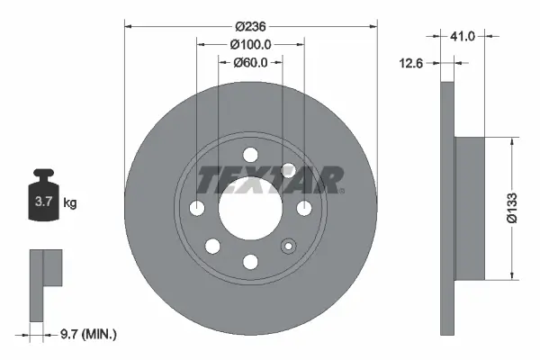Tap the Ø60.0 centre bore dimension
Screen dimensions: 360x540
click(x=250, y=63)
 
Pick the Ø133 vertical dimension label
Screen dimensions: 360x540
click(x=510, y=207)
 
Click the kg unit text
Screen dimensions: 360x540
click(x=70, y=203)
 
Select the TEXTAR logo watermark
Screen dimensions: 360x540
click(x=269, y=179)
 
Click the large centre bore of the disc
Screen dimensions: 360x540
click(x=250, y=208)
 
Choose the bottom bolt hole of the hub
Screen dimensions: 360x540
click(x=250, y=261)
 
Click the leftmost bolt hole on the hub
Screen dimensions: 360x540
click(x=197, y=208)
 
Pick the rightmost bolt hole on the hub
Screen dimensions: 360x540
click(x=303, y=208)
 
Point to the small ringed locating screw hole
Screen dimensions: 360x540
click(x=289, y=246)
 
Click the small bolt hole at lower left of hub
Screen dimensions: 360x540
click(x=212, y=246)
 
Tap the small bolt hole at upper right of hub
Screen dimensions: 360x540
click(x=289, y=169)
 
